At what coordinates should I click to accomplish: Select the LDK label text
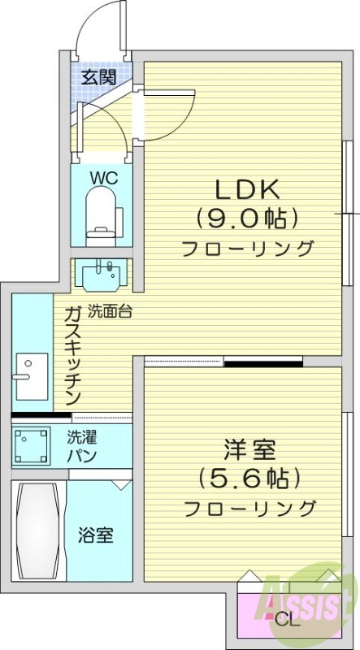pos(247,189)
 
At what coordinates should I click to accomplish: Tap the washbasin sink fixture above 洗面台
pos(103,272)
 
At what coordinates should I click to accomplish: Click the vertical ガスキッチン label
pos(72,355)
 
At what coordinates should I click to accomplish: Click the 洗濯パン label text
pos(82,445)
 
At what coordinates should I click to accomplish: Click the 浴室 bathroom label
pos(95,535)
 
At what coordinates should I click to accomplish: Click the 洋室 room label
pos(249,449)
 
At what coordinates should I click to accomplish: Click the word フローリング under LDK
pos(247,248)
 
